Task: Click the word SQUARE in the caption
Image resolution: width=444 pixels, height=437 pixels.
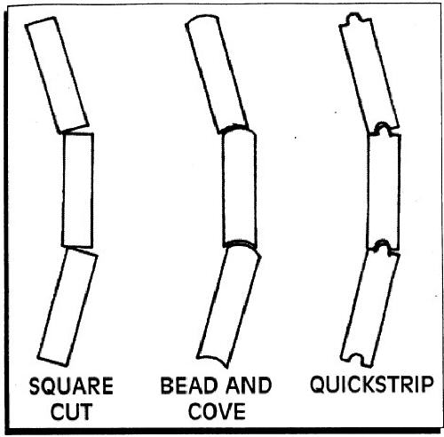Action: [71, 385]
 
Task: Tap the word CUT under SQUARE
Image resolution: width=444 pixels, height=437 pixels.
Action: [71, 411]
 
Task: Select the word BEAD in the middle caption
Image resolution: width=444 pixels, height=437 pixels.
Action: [184, 385]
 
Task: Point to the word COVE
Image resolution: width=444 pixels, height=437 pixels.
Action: [217, 411]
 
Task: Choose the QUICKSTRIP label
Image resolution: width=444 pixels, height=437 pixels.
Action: [372, 385]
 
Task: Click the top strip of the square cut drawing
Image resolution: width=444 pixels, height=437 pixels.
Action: [57, 75]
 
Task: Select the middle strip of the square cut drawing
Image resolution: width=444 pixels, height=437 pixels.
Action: [78, 190]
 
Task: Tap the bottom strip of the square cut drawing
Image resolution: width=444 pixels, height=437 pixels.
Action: [67, 307]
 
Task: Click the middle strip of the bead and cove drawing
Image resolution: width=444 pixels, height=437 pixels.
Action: [240, 188]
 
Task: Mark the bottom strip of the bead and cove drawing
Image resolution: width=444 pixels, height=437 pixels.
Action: [229, 306]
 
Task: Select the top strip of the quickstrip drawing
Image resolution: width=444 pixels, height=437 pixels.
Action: [369, 73]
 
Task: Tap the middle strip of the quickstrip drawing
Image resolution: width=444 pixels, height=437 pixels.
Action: [384, 190]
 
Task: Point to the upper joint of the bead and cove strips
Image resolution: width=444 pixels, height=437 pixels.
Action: [237, 129]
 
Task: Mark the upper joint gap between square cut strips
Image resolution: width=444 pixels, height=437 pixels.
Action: [77, 131]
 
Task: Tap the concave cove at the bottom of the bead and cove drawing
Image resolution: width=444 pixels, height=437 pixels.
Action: [212, 360]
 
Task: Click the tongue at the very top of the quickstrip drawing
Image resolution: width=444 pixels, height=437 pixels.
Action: [354, 18]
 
